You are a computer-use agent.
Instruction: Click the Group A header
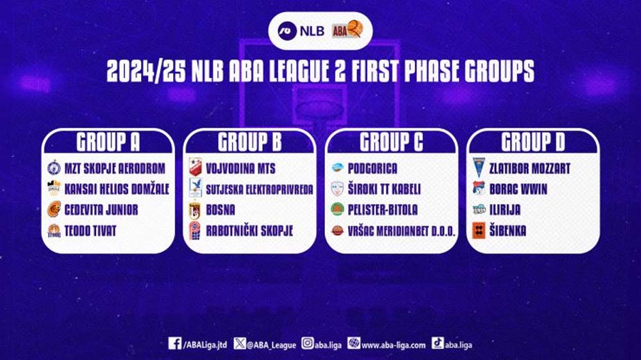pyautogui.click(x=108, y=142)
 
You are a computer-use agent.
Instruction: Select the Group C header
pyautogui.click(x=391, y=142)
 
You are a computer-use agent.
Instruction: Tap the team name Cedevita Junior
pyautogui.click(x=101, y=210)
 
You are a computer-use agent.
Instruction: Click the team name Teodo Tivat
pyautogui.click(x=90, y=231)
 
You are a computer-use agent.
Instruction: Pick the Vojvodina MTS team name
pyautogui.click(x=241, y=168)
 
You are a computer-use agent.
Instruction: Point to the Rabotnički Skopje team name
pyautogui.click(x=249, y=231)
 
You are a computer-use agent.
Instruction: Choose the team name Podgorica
pyautogui.click(x=372, y=168)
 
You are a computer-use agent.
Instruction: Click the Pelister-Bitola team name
pyautogui.click(x=383, y=210)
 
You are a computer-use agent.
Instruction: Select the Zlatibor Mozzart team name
pyautogui.click(x=530, y=168)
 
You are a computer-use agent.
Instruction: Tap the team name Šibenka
pyautogui.click(x=508, y=231)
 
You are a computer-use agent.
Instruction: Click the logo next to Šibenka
pyautogui.click(x=479, y=231)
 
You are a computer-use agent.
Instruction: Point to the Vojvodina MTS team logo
pyautogui.click(x=195, y=168)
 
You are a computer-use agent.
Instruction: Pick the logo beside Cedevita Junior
pyautogui.click(x=54, y=209)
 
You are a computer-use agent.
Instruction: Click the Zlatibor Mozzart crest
pyautogui.click(x=478, y=168)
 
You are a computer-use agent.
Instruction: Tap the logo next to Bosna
pyautogui.click(x=195, y=210)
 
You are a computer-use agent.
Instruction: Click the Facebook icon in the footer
pyautogui.click(x=175, y=343)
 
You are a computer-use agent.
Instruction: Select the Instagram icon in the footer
pyautogui.click(x=308, y=343)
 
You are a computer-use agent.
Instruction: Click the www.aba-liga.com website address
pyautogui.click(x=394, y=345)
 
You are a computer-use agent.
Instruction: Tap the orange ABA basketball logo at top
pyautogui.click(x=347, y=30)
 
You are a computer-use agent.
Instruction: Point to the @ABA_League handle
pyautogui.click(x=271, y=345)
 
